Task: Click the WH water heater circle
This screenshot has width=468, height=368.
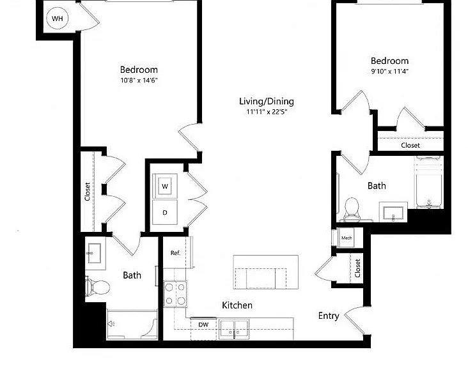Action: click(58, 18)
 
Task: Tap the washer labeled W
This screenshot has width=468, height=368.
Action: click(165, 186)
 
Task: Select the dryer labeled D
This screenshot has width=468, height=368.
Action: click(165, 212)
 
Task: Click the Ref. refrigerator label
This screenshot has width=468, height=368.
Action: click(175, 253)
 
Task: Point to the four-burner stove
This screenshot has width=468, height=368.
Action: click(175, 294)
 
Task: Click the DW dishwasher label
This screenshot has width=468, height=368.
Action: click(203, 325)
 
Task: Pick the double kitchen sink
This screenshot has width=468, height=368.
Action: click(234, 329)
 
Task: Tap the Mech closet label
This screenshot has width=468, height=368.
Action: click(347, 238)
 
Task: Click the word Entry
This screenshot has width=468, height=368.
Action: click(329, 316)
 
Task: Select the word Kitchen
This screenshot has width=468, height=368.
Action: click(237, 305)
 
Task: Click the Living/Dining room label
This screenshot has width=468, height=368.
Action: click(267, 102)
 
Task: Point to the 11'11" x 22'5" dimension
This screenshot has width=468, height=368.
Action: click(267, 112)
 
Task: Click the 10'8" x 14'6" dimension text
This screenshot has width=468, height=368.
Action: click(139, 80)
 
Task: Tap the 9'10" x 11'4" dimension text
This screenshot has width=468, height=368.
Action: click(389, 72)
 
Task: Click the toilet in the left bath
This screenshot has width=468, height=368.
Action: click(97, 287)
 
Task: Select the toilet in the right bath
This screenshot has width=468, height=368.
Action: click(351, 209)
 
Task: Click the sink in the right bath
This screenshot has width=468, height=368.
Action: click(393, 212)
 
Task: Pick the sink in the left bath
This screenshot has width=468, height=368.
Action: click(95, 253)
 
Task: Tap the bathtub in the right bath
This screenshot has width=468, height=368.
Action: click(429, 183)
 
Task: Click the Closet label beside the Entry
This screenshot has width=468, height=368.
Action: click(357, 268)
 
